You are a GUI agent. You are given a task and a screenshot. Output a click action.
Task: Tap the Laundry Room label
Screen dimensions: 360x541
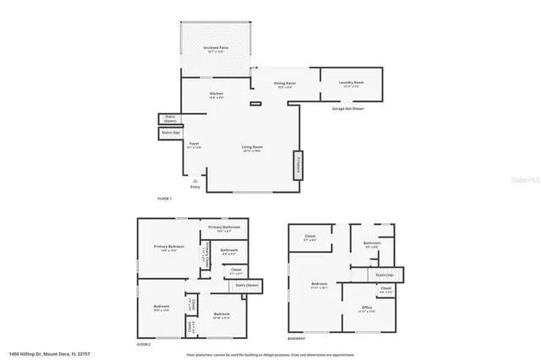tap(350, 83)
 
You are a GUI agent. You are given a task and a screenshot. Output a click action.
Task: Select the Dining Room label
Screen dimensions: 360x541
tap(285, 84)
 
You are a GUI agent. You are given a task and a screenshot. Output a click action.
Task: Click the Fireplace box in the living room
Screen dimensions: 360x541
tap(298, 164)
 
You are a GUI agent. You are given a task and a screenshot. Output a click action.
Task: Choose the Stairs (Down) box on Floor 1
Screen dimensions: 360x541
tap(170, 119)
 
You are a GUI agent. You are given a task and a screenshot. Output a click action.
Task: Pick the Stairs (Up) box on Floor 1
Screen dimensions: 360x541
tap(170, 133)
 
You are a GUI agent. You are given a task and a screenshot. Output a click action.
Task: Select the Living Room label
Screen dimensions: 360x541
tap(253, 148)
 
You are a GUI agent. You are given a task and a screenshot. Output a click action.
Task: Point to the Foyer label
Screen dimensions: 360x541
tap(194, 145)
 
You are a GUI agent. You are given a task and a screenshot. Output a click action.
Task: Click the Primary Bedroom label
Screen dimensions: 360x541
tap(169, 247)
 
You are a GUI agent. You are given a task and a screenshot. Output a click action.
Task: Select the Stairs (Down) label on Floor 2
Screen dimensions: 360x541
tap(224, 286)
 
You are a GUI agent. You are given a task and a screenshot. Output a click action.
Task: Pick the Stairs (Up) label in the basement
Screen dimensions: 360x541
tap(385, 275)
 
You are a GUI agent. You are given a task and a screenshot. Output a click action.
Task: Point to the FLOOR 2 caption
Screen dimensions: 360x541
tap(144, 345)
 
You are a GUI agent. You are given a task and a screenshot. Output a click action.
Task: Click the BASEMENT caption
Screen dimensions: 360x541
tap(296, 338)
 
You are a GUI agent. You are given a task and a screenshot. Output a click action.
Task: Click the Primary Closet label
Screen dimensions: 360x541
tap(205, 254)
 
